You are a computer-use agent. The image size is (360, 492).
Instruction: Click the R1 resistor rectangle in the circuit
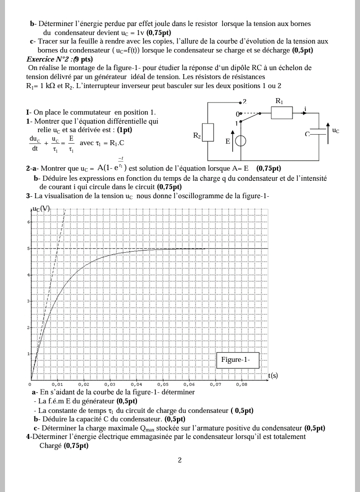click(x=282, y=113)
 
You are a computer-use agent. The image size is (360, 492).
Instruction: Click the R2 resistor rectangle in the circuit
click(x=208, y=132)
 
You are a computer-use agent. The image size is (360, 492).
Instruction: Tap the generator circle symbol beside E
click(x=240, y=141)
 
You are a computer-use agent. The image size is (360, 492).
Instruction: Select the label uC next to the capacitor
click(x=335, y=131)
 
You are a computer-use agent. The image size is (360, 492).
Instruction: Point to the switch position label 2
click(x=244, y=101)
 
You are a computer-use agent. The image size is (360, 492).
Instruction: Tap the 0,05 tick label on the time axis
click(x=162, y=384)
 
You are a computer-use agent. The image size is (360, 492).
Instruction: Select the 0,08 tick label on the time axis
click(x=241, y=384)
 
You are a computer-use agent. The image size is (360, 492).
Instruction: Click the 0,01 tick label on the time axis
click(x=57, y=384)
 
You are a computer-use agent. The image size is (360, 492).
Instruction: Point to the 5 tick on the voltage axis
click(x=29, y=248)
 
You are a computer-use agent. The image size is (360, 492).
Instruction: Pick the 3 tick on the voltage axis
click(x=29, y=301)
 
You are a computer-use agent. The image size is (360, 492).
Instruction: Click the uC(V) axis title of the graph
click(x=41, y=209)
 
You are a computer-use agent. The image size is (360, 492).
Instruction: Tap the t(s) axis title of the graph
click(x=273, y=375)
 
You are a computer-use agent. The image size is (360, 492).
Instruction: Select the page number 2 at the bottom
click(x=180, y=460)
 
